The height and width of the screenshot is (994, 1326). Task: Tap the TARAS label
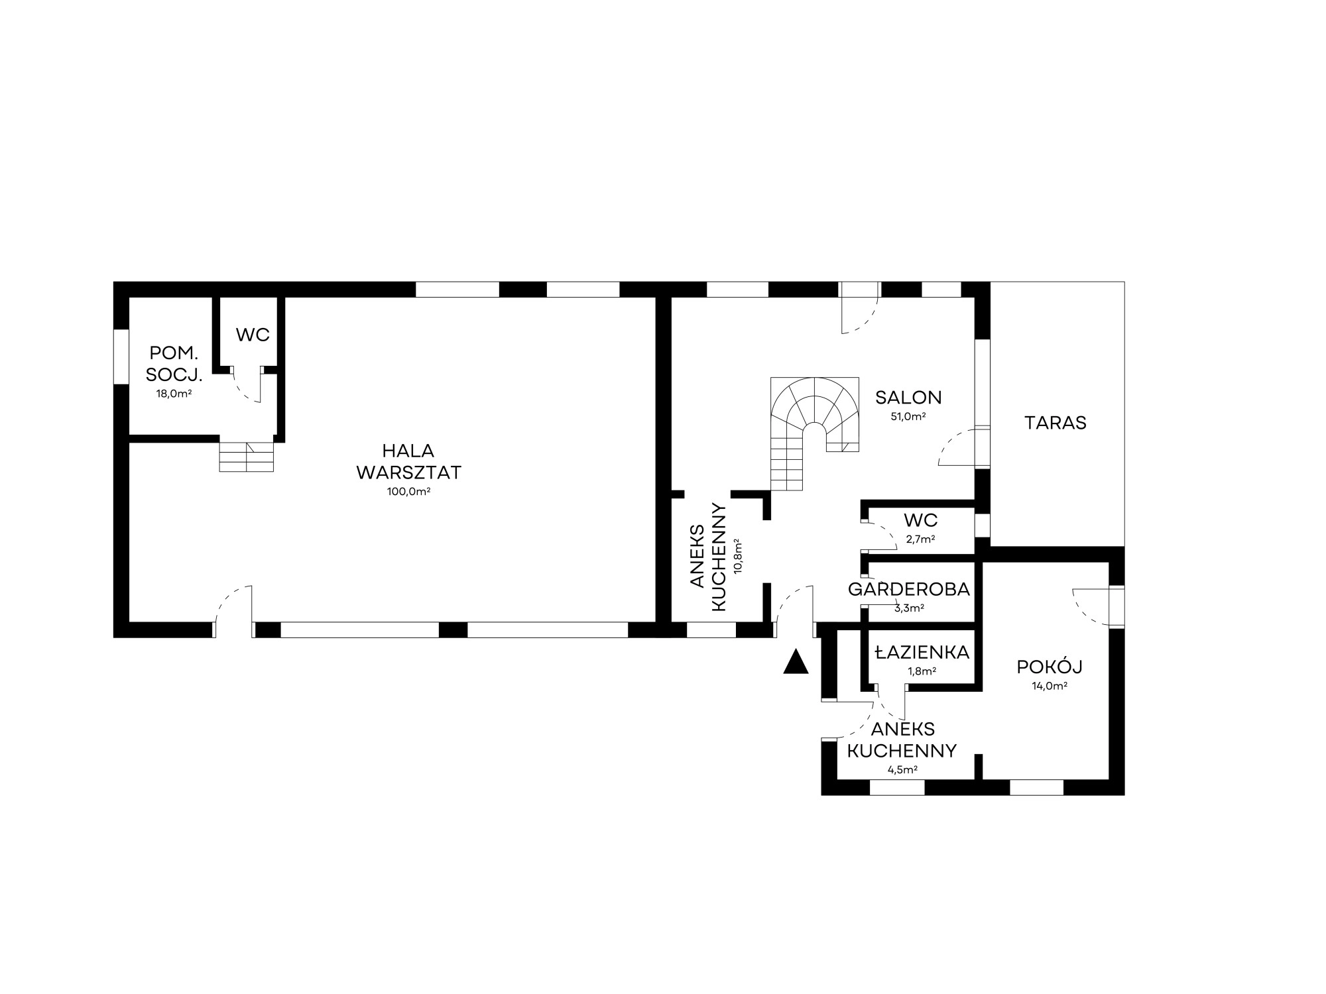(x=1055, y=423)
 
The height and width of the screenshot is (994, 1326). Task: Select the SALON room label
(x=908, y=398)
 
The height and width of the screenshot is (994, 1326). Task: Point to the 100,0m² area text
(x=408, y=492)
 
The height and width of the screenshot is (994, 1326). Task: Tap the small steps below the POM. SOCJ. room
(x=247, y=457)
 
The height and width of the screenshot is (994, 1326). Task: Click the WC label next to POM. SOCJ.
(x=253, y=335)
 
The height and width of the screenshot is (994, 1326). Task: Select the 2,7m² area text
(x=922, y=539)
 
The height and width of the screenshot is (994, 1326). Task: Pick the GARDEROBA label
(x=909, y=589)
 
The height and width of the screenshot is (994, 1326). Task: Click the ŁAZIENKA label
(x=922, y=653)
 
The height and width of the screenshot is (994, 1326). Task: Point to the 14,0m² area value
(x=1050, y=687)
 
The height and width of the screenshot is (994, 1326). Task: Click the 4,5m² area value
(x=902, y=770)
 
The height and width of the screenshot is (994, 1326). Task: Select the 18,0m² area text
(x=174, y=394)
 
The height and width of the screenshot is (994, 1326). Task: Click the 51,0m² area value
(x=908, y=417)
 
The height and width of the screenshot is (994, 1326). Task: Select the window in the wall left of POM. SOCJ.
(x=121, y=356)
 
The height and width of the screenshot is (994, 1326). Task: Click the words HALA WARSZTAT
(x=408, y=462)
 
